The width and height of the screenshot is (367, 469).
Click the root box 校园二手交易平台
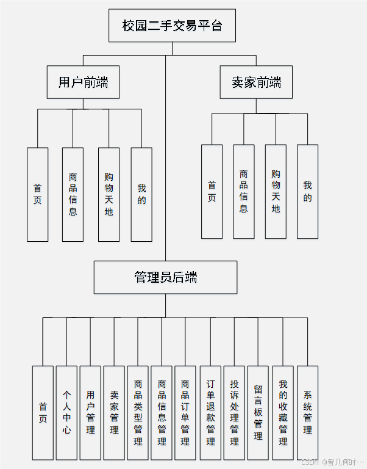[x=172, y=26]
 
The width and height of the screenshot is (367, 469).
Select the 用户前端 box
[x=83, y=82]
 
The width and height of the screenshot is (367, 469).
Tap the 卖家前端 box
[x=256, y=82]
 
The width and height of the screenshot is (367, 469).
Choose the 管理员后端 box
[x=165, y=277]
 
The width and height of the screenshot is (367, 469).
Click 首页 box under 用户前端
[x=38, y=194]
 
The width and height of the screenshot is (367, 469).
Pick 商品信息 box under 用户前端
[x=73, y=194]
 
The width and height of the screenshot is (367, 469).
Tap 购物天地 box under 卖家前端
[x=276, y=191]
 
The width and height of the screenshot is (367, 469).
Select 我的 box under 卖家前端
[x=307, y=191]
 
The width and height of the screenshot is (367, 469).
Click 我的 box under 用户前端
[x=141, y=194]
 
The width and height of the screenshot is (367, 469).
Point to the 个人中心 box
[x=66, y=412]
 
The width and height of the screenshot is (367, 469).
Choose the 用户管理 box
[x=90, y=412]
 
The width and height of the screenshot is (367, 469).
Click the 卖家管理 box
[x=114, y=412]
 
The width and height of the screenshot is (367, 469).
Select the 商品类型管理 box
[x=138, y=412]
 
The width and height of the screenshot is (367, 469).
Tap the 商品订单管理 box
[x=185, y=412]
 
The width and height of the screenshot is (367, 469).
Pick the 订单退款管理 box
[x=210, y=412]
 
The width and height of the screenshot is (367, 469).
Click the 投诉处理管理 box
[x=234, y=412]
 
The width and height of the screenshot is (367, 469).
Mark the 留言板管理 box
[x=258, y=412]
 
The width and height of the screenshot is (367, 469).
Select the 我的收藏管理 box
[x=283, y=412]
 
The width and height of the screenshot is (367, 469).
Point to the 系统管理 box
[x=307, y=412]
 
